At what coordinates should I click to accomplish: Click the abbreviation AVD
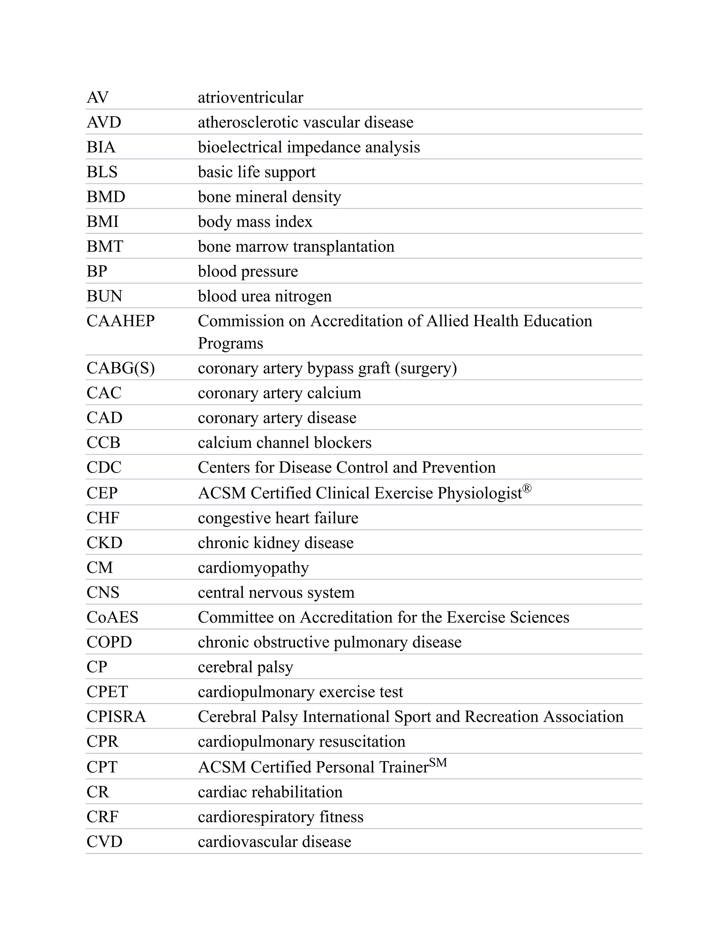tap(104, 123)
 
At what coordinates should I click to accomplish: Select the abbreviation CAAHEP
tap(121, 321)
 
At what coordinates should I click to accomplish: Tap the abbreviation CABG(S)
tap(121, 368)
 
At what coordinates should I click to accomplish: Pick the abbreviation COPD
tap(109, 642)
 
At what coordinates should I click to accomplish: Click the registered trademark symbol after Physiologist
tap(527, 488)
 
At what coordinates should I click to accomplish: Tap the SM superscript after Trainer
tap(438, 762)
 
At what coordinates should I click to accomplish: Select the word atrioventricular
tap(250, 98)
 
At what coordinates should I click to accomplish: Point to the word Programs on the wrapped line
tap(230, 344)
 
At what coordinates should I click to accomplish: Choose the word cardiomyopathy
tap(253, 568)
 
